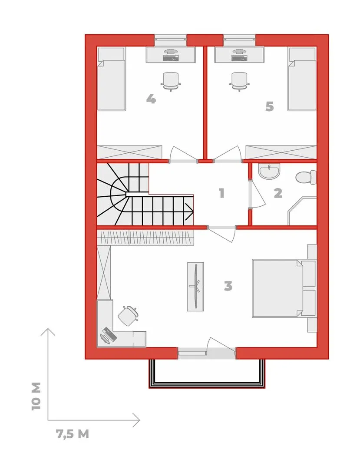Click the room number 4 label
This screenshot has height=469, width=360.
click(x=151, y=99)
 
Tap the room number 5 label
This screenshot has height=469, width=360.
click(x=270, y=106)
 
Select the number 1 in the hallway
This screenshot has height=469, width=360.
click(x=221, y=193)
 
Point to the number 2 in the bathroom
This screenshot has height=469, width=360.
click(x=278, y=193)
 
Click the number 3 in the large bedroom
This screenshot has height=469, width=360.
click(x=228, y=286)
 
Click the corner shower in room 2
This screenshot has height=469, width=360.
click(x=302, y=211)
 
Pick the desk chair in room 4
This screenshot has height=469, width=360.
click(x=171, y=81)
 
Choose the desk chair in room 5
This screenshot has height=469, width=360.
click(x=239, y=81)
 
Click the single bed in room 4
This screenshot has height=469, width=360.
click(x=111, y=79)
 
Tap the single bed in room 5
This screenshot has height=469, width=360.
click(x=302, y=79)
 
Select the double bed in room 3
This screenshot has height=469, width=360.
click(x=284, y=288)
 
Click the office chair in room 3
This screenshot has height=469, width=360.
click(x=129, y=315)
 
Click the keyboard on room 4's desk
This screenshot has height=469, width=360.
click(x=171, y=57)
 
